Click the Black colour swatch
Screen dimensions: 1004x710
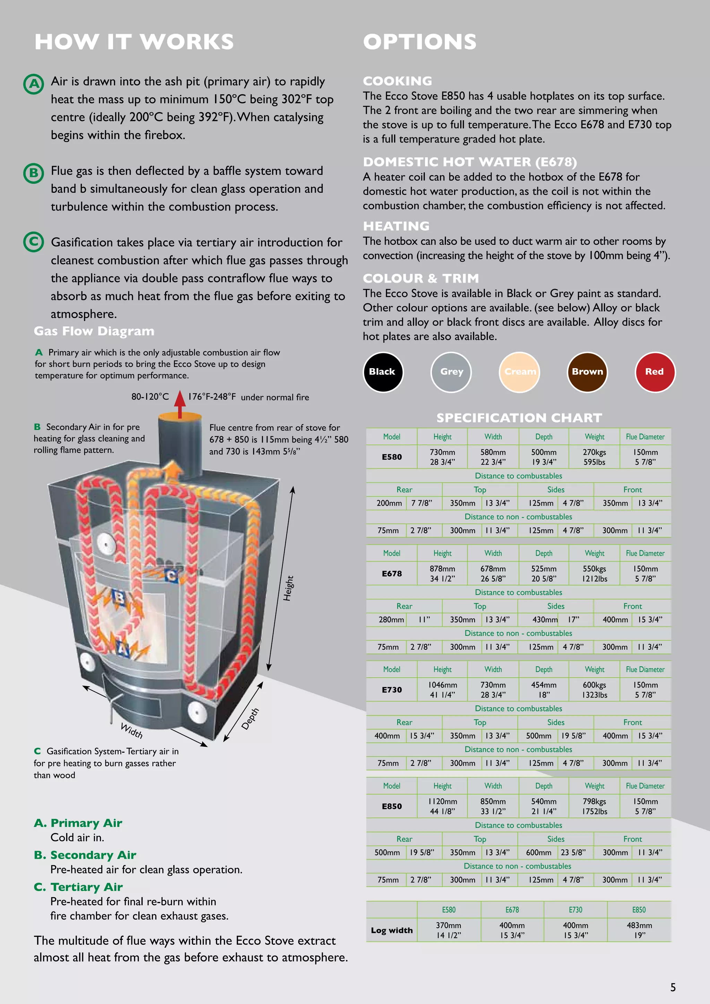tap(382, 372)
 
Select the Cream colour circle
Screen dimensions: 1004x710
tap(519, 372)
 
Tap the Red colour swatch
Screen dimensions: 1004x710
tap(655, 372)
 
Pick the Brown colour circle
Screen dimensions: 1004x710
tap(587, 372)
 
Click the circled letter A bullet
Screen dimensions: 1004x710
tap(34, 84)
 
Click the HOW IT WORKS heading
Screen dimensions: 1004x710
tap(134, 42)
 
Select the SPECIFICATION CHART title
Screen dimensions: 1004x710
tap(519, 418)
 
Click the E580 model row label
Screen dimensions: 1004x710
tap(392, 457)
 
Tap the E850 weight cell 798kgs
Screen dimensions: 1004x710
tap(594, 806)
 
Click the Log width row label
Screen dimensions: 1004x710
tap(392, 930)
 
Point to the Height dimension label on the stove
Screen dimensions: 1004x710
tap(288, 588)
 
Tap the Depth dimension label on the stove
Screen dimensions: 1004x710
tap(250, 718)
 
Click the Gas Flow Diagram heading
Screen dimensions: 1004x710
tap(94, 331)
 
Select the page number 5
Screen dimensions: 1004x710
tap(673, 987)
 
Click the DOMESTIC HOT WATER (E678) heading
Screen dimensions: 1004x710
tap(469, 162)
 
